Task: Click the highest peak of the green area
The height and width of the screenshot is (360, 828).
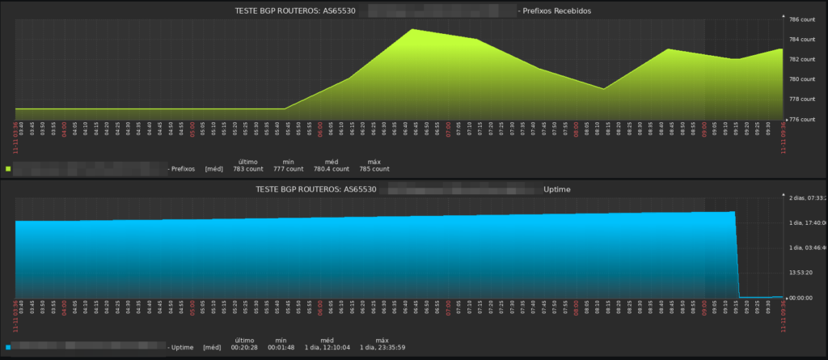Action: tap(412, 29)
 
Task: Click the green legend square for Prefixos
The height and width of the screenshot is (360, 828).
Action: tap(8, 169)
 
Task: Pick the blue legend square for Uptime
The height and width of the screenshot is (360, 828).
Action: tap(8, 347)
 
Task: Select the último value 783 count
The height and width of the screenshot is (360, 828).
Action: tap(248, 169)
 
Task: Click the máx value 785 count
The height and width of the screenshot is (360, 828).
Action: tap(374, 169)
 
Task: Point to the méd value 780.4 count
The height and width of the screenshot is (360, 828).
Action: tap(332, 169)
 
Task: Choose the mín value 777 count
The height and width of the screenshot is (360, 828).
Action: tap(289, 169)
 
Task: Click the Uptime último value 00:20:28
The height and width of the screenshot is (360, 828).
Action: tap(244, 347)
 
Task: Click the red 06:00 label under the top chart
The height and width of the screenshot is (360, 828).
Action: tap(320, 129)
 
